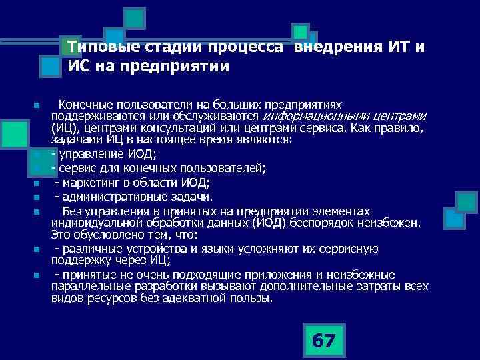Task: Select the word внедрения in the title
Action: pyautogui.click(x=337, y=48)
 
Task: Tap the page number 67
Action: pyautogui.click(x=324, y=341)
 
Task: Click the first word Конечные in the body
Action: pyautogui.click(x=84, y=105)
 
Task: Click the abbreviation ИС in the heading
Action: pyautogui.click(x=79, y=67)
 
